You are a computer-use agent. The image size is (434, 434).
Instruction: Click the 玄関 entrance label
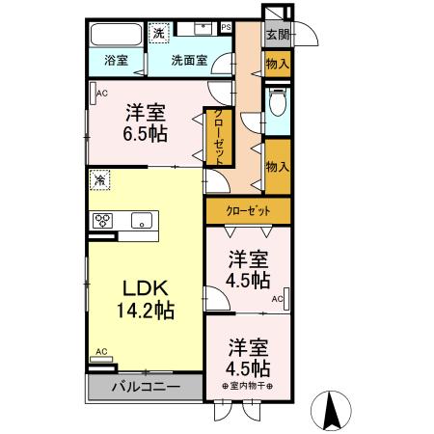[278, 34]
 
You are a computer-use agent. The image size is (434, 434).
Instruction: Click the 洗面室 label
[189, 60]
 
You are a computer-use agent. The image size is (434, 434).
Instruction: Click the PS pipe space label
[226, 27]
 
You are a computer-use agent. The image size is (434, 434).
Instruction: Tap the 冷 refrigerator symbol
[100, 180]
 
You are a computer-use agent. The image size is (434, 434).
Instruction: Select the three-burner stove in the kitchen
[104, 221]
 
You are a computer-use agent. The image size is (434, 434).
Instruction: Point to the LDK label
[145, 287]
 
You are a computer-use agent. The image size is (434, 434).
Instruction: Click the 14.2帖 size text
[145, 311]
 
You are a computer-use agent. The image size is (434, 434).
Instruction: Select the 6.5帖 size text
[146, 135]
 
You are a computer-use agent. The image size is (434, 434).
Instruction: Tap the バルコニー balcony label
[145, 388]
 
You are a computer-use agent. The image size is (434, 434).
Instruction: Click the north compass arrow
[332, 409]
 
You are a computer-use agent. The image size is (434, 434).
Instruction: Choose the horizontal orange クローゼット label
[248, 211]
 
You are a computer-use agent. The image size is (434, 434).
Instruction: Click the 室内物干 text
[248, 387]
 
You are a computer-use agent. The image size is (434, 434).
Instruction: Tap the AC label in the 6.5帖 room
[100, 94]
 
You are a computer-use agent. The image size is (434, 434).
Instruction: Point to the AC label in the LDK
[99, 353]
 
